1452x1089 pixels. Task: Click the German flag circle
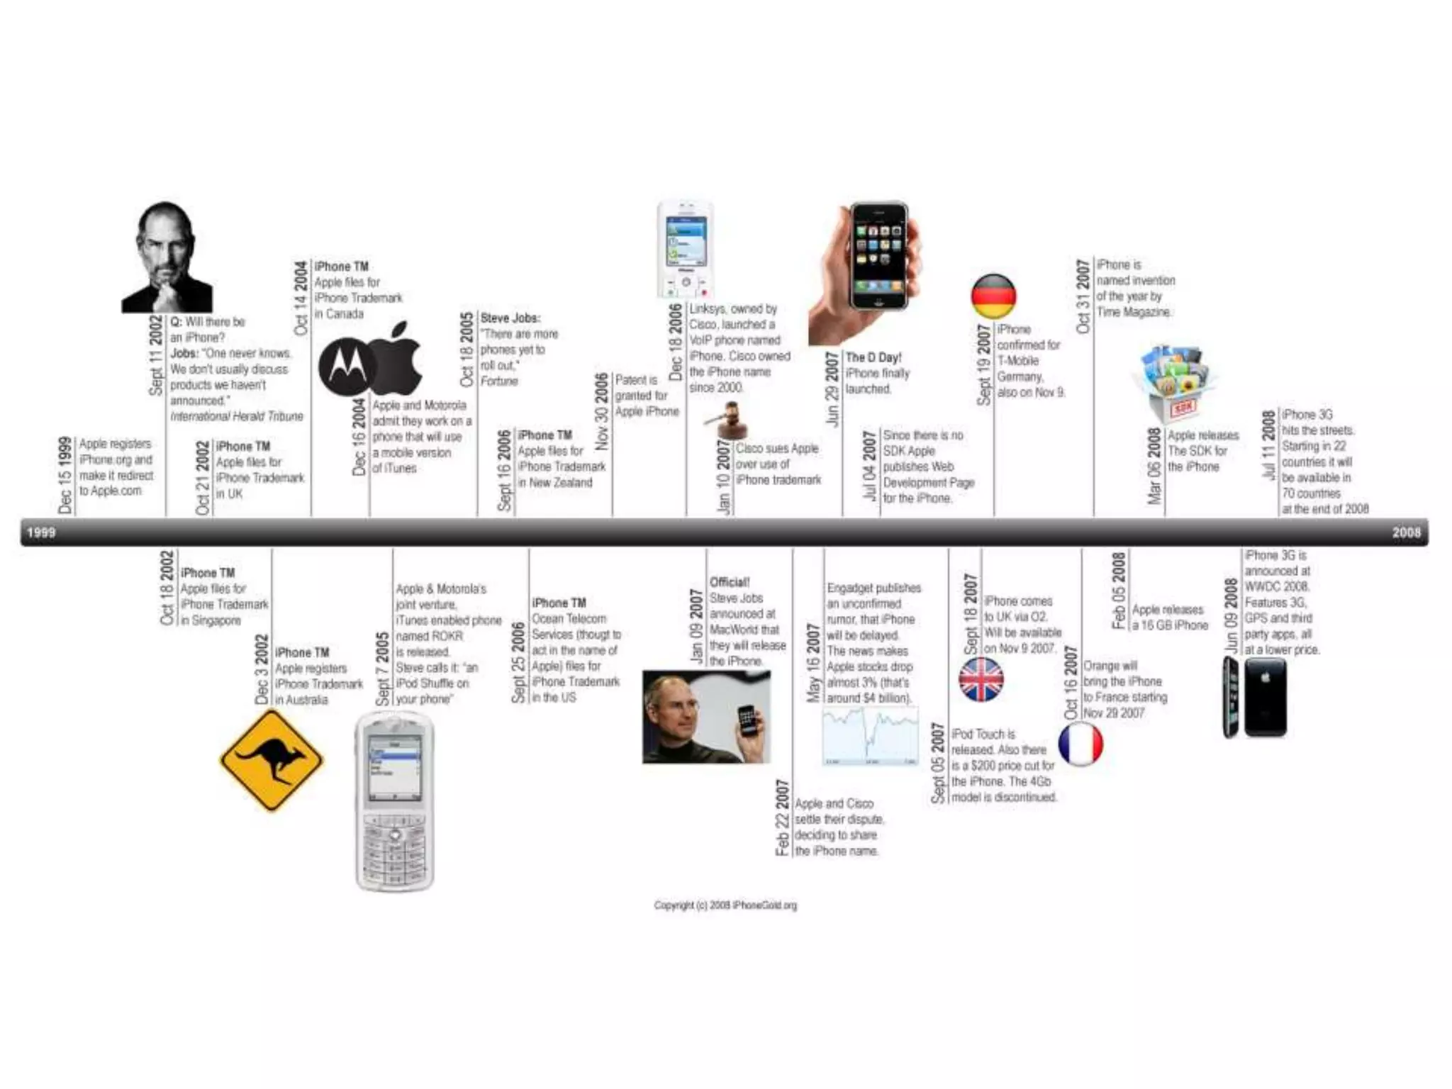click(993, 296)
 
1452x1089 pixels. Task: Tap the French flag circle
click(1080, 744)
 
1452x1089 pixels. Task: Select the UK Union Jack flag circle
click(981, 679)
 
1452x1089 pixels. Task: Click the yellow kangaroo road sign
click(272, 760)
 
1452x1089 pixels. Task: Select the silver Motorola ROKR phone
click(394, 801)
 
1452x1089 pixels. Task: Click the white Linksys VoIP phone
click(684, 250)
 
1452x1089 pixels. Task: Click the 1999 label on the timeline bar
click(41, 532)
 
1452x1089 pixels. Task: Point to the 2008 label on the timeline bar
click(1406, 532)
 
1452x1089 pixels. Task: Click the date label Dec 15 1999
click(65, 475)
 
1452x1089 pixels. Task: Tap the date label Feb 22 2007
click(782, 817)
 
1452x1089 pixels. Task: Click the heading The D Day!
click(873, 357)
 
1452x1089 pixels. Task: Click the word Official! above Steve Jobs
click(730, 582)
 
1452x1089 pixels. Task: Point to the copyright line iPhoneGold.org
click(725, 905)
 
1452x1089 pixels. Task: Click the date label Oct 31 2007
click(1083, 296)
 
